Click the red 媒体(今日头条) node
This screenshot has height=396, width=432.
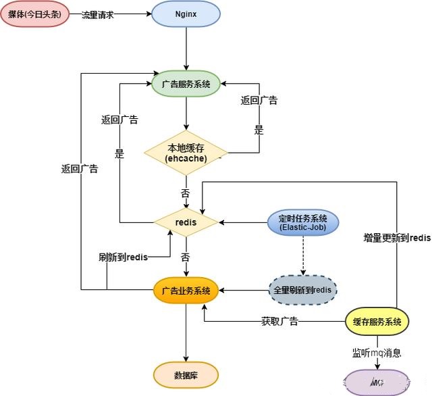(x=35, y=14)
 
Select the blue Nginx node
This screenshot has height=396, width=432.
(x=186, y=14)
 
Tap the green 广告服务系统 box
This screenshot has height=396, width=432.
(x=186, y=84)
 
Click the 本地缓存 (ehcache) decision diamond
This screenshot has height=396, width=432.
(x=186, y=153)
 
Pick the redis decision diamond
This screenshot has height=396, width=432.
(x=186, y=222)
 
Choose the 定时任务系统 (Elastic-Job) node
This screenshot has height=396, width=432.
(x=302, y=222)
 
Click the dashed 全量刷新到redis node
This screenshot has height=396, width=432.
(x=302, y=289)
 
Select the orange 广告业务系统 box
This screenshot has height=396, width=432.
(x=186, y=291)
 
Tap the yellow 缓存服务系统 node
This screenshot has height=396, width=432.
(x=377, y=322)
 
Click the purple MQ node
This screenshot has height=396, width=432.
(x=377, y=382)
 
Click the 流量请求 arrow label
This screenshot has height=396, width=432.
(x=97, y=14)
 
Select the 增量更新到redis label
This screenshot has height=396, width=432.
(x=397, y=239)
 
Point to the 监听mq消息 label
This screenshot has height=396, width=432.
(x=377, y=353)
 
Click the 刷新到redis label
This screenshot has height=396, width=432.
(x=123, y=257)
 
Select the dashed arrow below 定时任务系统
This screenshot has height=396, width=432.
(x=302, y=254)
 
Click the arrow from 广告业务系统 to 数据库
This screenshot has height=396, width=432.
(x=186, y=331)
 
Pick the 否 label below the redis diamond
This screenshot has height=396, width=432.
(x=185, y=257)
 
